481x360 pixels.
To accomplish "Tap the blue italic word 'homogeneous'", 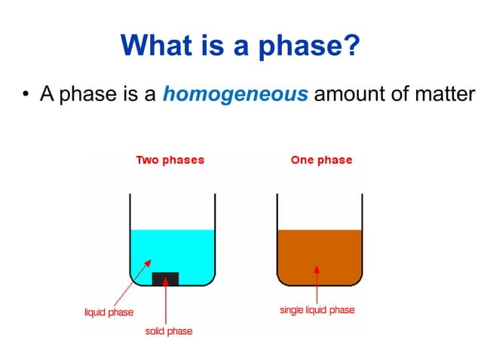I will tap(235, 95).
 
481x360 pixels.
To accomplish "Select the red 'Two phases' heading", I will tap(170, 160).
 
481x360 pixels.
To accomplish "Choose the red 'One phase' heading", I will tap(321, 160).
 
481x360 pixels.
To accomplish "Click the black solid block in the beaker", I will tap(165, 279).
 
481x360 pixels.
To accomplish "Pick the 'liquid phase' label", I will tap(109, 313).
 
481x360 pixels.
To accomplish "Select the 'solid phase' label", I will tap(170, 331).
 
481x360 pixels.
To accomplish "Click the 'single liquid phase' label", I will tap(317, 310).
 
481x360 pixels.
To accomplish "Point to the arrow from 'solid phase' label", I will tap(165, 305).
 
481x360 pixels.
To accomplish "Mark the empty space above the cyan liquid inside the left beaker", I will tap(172, 211).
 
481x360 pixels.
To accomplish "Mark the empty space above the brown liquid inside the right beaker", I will tap(320, 211).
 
